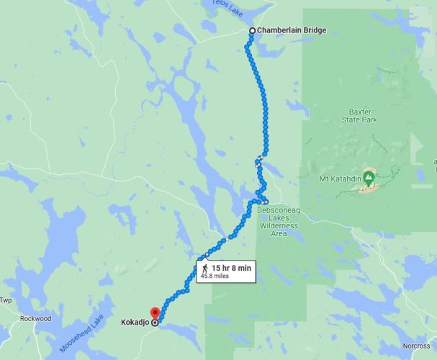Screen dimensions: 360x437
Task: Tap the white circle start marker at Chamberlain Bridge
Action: (x=251, y=30)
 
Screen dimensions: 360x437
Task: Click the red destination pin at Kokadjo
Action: (x=154, y=315)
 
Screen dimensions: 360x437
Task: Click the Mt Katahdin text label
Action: (x=338, y=177)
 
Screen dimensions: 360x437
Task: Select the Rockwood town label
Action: (x=35, y=318)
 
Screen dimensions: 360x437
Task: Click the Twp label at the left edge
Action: (x=6, y=300)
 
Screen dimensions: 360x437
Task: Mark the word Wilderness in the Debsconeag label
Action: (x=278, y=225)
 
